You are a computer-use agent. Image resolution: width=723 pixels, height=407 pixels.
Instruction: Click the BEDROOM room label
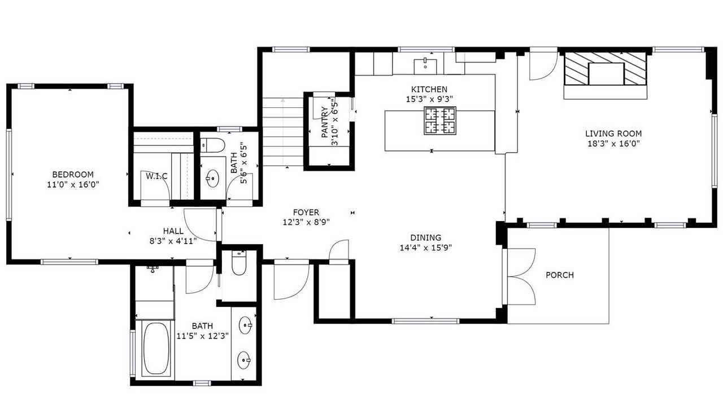coord(73,175)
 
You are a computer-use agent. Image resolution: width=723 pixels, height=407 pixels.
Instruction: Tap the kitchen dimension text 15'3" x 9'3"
coord(429,99)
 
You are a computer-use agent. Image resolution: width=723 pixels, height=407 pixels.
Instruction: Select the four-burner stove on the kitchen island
coord(440,120)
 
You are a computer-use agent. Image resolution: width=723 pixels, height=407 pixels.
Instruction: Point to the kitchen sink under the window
coord(425,67)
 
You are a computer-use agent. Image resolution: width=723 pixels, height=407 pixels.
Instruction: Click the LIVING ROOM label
coord(613,133)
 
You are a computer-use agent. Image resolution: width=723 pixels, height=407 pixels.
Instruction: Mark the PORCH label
coord(560,275)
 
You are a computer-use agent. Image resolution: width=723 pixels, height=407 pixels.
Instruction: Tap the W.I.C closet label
coord(156,176)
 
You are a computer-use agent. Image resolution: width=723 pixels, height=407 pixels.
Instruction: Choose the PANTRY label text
coord(325,123)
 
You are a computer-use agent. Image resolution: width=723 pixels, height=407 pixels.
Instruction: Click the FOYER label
coord(306,212)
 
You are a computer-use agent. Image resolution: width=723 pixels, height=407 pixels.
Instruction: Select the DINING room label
coord(426,238)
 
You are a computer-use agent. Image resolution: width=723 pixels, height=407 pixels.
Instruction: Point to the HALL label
coord(173,231)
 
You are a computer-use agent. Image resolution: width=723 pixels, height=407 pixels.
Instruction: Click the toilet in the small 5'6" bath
coord(212,145)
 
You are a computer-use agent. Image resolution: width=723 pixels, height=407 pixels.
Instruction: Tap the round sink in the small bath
coord(212,177)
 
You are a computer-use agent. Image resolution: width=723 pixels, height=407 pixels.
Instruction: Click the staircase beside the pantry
coord(283,132)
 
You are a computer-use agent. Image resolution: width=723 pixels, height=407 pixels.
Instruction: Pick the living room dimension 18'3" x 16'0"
coord(613,144)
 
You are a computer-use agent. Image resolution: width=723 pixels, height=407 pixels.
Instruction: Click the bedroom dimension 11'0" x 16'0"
coord(73,185)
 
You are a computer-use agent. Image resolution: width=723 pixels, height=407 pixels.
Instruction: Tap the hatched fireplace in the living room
coord(606,69)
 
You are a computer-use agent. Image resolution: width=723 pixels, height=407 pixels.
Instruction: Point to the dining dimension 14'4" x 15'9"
coord(426,248)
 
